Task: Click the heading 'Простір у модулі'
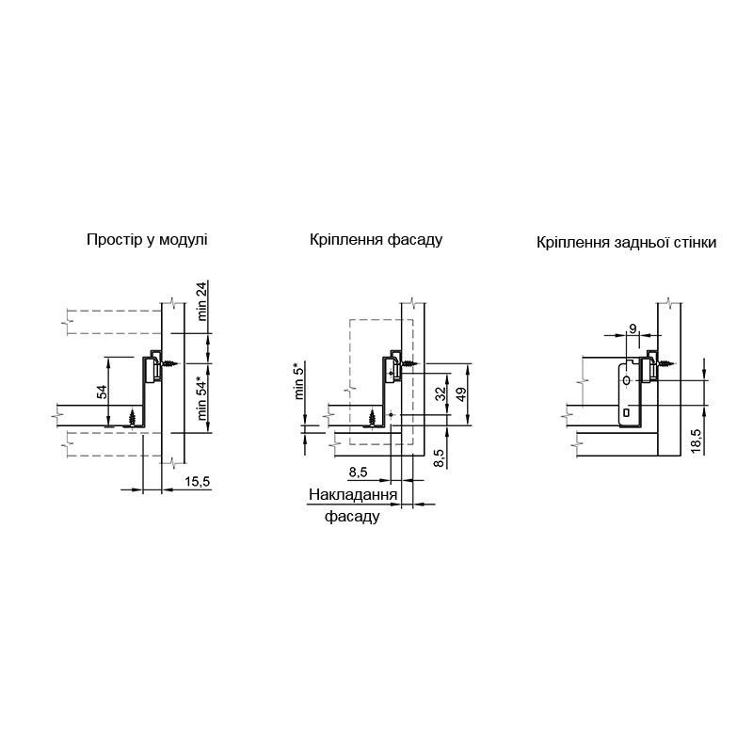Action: coord(147,240)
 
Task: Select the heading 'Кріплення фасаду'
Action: coord(376,240)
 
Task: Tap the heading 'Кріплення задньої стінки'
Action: coord(626,243)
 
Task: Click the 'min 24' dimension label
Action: coord(202,301)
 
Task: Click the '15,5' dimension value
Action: coord(197,481)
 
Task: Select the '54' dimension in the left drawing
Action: coord(103,392)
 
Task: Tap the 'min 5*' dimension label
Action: coord(299,382)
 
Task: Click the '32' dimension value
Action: coord(441,393)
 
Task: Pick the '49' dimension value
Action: coord(461,394)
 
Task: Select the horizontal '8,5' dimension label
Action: coord(358,473)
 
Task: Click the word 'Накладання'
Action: coord(353,495)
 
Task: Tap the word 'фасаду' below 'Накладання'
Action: coord(352,517)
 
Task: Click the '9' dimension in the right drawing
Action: coord(633,328)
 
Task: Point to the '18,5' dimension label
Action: coord(697,441)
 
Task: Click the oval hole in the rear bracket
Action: coord(626,380)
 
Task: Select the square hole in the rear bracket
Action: coord(626,412)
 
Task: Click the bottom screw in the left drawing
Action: coord(133,417)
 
